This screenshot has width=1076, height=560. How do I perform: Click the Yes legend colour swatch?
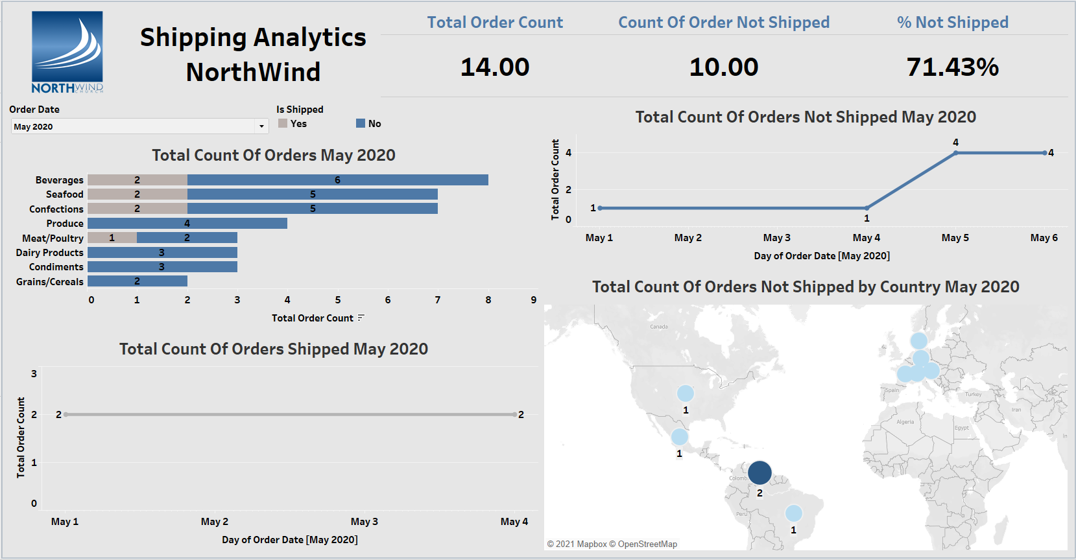[283, 123]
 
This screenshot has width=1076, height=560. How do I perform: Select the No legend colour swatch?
[361, 123]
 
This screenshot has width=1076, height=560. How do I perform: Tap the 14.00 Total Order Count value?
[495, 67]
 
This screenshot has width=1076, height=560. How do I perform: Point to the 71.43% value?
[952, 67]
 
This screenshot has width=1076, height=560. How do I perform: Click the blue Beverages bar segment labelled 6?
[337, 180]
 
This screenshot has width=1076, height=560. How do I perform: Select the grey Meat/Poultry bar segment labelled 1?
[112, 238]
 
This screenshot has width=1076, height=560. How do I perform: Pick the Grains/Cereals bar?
[137, 281]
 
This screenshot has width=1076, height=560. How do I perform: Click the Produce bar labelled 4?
[187, 224]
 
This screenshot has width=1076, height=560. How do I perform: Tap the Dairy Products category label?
[50, 253]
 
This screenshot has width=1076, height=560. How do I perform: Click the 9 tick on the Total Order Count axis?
[534, 300]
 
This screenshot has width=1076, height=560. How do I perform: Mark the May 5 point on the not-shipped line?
[955, 153]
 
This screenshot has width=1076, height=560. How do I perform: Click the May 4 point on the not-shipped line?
[867, 208]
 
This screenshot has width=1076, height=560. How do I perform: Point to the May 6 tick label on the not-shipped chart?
[1044, 238]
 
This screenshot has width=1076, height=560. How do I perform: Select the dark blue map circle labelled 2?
[759, 472]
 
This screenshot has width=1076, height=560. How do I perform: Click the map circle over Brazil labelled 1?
[793, 513]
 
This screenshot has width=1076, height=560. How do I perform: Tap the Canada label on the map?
[659, 327]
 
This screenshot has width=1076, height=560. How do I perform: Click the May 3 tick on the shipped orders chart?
[364, 522]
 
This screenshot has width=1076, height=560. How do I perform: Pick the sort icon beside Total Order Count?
[361, 318]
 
